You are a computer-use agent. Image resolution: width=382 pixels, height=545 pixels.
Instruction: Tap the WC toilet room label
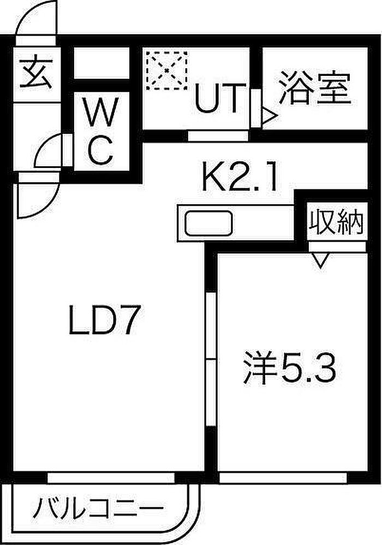[101, 131]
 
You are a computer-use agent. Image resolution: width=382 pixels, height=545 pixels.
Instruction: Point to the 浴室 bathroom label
[314, 88]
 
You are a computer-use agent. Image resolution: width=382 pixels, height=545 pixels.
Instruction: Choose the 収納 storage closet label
[336, 221]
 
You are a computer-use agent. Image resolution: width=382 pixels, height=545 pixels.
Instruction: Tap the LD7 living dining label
[104, 320]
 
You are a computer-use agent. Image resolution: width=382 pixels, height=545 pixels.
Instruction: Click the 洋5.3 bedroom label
[289, 368]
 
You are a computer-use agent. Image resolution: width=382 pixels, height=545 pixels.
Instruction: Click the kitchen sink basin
[208, 223]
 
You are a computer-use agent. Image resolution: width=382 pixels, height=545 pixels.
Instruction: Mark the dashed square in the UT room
[167, 70]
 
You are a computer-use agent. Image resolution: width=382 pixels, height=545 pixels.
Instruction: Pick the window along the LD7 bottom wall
[111, 478]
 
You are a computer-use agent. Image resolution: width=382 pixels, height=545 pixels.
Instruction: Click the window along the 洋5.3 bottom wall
[283, 478]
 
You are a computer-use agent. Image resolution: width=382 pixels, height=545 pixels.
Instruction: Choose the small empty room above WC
[102, 63]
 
